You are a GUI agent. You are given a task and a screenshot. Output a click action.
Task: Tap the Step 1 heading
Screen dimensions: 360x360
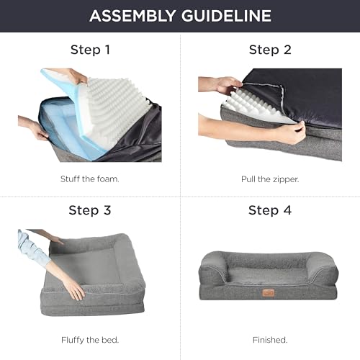(x=90, y=50)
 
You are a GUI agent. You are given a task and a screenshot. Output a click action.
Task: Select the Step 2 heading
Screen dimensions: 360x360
(x=269, y=50)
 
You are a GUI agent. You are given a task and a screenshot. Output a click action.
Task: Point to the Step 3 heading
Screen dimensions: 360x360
(x=90, y=210)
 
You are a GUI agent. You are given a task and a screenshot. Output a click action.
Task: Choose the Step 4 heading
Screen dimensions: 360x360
(x=269, y=210)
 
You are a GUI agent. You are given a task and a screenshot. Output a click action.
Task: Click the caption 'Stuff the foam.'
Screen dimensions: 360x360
(x=90, y=176)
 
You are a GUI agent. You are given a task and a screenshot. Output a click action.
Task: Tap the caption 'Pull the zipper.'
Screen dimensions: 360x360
(x=269, y=176)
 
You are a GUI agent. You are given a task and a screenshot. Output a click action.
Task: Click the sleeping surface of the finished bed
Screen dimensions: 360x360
(x=269, y=270)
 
